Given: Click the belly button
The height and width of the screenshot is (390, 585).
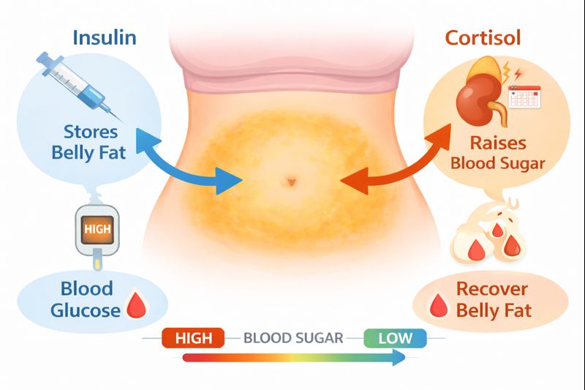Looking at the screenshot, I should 292,178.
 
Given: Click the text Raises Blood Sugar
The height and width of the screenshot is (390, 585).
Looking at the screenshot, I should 497,152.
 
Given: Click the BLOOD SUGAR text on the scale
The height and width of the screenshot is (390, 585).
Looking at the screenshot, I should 292,339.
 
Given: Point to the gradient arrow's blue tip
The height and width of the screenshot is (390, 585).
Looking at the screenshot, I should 399,357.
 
